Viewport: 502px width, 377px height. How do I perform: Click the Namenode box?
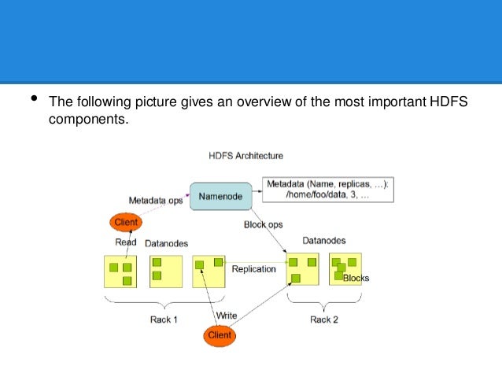point(221,196)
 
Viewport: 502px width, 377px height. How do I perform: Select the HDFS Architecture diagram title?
point(245,156)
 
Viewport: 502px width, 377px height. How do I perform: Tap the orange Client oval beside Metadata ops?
point(126,223)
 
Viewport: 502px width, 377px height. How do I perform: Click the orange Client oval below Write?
point(220,334)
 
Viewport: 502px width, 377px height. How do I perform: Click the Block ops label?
point(262,225)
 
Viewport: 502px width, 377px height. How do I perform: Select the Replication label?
point(253,269)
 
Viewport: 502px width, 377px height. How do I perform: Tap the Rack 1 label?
point(164,320)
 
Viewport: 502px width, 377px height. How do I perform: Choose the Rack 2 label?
point(323,320)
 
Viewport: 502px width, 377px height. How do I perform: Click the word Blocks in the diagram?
point(356,278)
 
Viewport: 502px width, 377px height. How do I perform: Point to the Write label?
point(227,316)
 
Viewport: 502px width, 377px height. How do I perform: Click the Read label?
point(127,242)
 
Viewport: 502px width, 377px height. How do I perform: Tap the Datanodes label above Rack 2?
point(323,241)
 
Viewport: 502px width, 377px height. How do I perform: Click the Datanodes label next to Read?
point(166,244)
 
